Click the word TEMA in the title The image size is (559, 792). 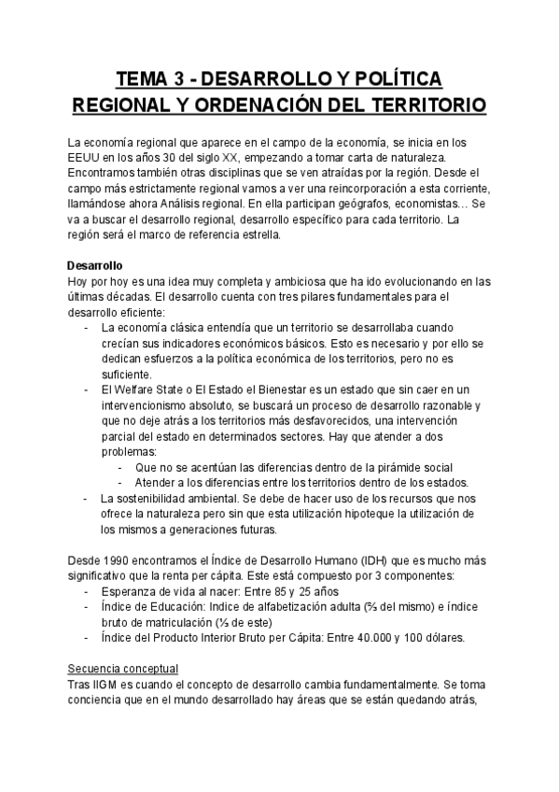144,77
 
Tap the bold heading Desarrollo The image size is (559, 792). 97,266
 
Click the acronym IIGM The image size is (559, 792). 106,685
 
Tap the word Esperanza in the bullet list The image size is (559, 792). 133,591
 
